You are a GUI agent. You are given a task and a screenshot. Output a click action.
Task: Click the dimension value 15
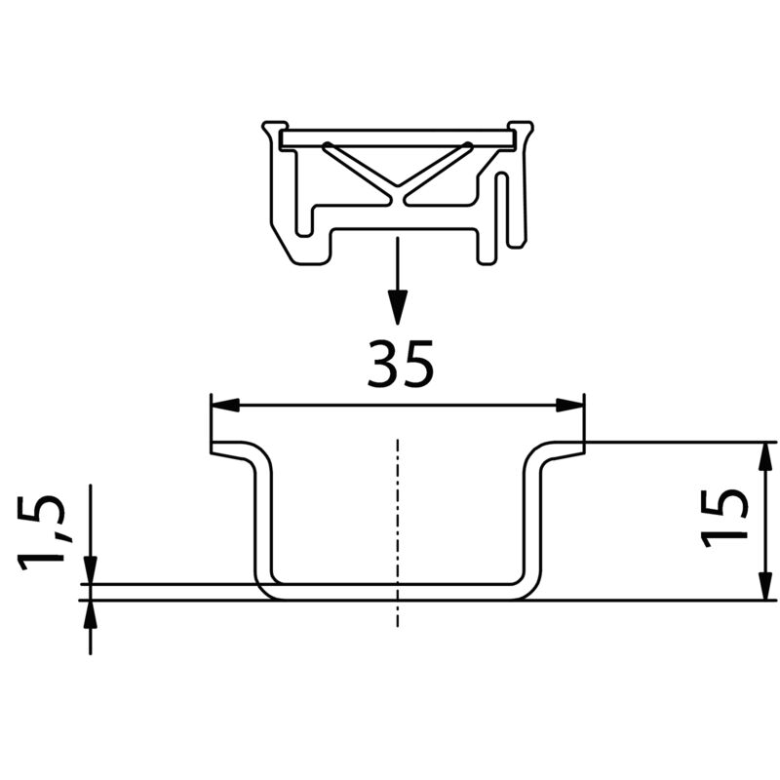[726, 516]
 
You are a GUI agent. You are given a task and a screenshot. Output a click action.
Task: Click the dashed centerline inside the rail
[397, 526]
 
